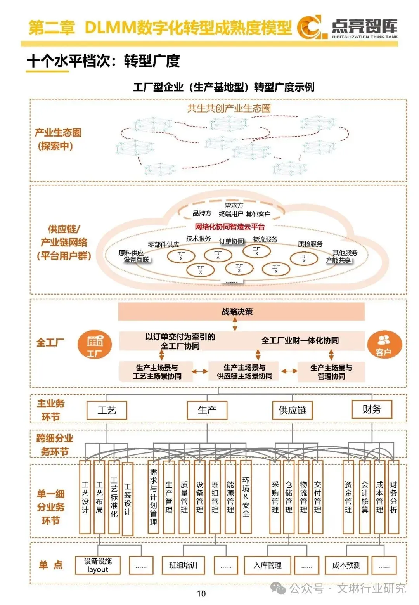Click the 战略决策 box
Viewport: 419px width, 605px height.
[241, 312]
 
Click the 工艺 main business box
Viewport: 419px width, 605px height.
[107, 410]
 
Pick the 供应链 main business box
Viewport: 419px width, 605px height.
[293, 410]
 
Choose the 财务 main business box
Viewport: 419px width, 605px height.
[372, 409]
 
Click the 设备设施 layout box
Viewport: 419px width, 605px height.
[98, 565]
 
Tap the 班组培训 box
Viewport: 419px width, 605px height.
[183, 565]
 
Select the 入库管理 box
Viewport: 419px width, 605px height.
[268, 565]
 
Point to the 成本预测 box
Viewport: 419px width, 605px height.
[346, 565]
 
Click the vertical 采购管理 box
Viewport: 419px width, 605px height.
[275, 497]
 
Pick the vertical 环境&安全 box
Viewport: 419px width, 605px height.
[246, 497]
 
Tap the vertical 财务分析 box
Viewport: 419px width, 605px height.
[393, 497]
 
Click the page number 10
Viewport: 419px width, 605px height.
[201, 593]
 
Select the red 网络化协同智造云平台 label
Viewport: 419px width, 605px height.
[230, 227]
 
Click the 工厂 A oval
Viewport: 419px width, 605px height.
[218, 255]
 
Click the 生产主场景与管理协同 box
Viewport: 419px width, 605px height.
[331, 372]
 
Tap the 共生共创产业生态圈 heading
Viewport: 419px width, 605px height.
[229, 108]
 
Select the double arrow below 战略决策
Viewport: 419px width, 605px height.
[235, 324]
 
